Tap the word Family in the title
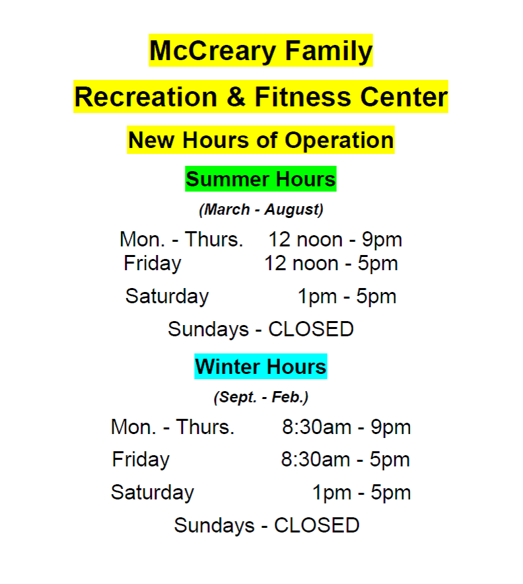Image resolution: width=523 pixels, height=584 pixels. pos(329,51)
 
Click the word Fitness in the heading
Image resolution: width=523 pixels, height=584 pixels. pos(302,97)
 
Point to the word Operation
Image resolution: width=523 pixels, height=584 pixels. pos(339,141)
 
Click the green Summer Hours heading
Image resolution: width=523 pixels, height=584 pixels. pos(261,179)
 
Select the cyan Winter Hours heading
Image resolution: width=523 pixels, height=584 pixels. pos(261,367)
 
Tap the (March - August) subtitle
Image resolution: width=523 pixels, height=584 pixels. pos(261,209)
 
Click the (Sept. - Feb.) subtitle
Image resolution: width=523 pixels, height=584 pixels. pos(261,397)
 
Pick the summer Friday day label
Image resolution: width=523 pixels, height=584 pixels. pos(153,264)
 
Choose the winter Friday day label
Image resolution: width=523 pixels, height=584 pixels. pos(141,460)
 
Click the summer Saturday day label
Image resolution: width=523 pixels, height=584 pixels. pos(167,297)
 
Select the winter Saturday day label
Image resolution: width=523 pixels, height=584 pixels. pos(153,492)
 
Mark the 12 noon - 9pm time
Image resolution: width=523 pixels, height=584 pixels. pos(335,240)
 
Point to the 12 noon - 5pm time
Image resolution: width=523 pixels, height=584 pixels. pos(331,264)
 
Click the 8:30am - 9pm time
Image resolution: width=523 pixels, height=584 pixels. pos(346,427)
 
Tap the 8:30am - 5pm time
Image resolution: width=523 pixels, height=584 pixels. pos(345,460)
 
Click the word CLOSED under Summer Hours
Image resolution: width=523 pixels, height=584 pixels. pos(311,329)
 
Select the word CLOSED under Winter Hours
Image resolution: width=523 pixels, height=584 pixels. pos(317,525)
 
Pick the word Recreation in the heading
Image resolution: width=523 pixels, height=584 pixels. pos(146,97)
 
